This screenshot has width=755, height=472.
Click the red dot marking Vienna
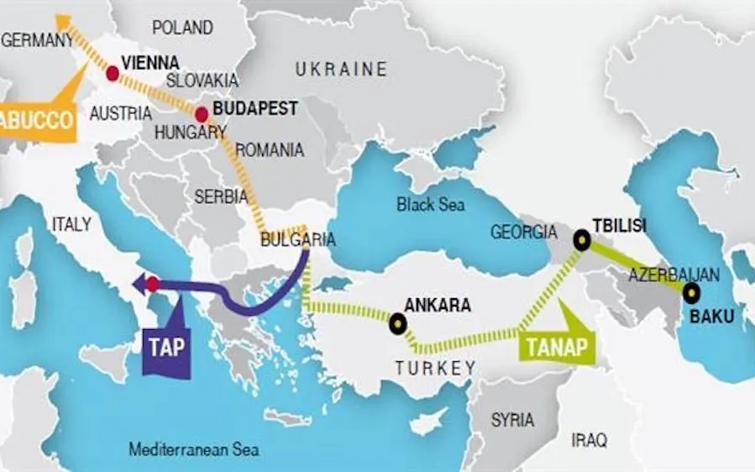tap(112, 74)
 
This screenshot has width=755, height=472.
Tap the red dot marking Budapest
tap(202, 115)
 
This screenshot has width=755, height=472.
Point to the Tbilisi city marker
tap(581, 241)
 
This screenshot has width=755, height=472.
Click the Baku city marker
tap(691, 293)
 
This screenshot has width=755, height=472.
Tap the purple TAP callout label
tap(167, 347)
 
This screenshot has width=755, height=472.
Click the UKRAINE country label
tap(341, 69)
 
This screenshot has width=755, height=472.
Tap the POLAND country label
tap(182, 28)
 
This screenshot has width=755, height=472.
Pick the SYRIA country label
tap(512, 419)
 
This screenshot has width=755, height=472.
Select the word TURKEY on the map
tap(435, 368)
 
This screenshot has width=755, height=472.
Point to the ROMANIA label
tap(270, 150)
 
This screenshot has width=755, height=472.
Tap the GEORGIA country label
tap(522, 233)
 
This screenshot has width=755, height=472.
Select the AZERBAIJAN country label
tap(673, 274)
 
